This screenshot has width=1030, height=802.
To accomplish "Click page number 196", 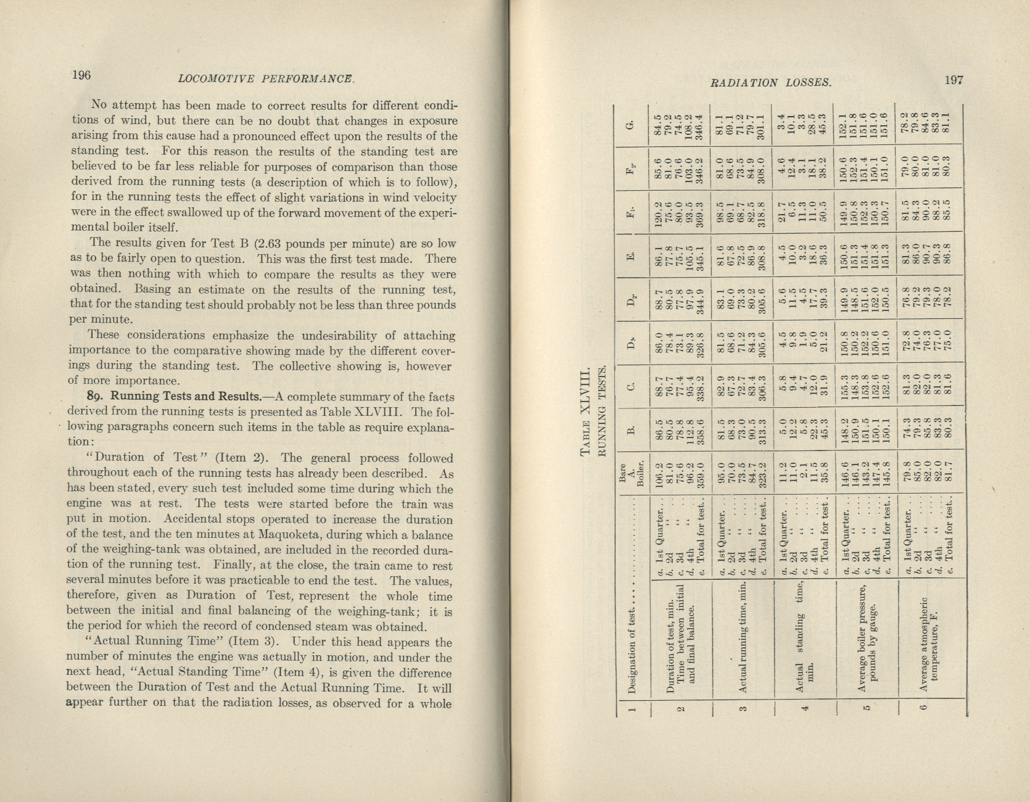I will [81, 75].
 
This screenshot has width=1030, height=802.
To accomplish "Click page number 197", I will [952, 80].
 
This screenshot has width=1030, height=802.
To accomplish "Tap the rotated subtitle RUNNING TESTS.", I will [604, 411].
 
